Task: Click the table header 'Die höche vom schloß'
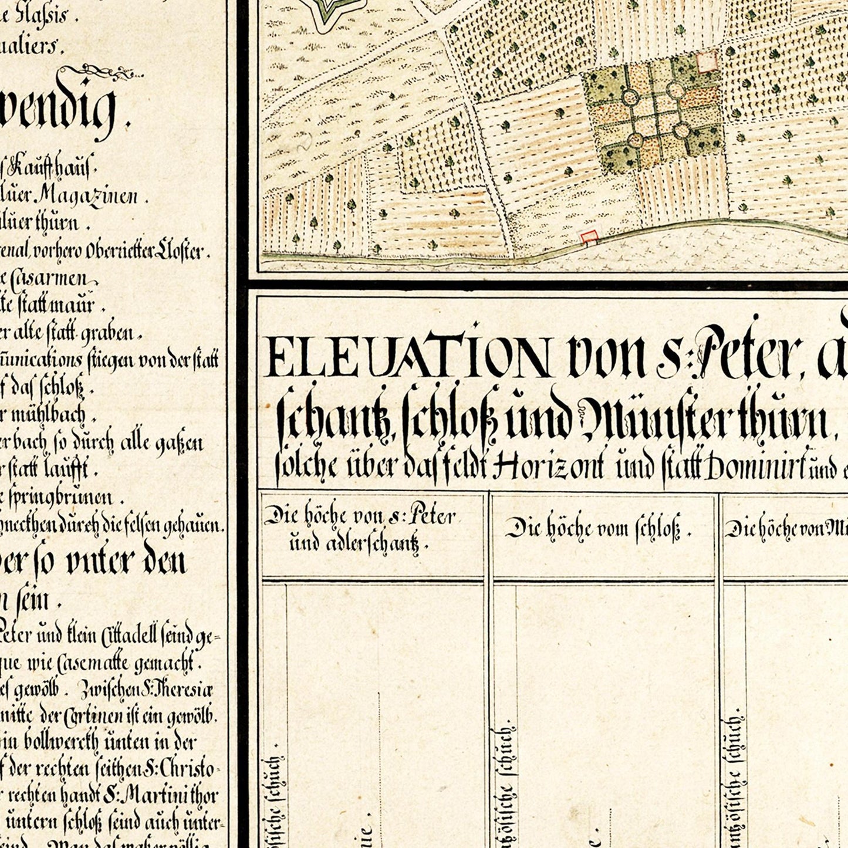tap(598, 529)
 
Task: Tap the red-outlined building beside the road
tap(589, 237)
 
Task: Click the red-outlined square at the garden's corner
tap(707, 62)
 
